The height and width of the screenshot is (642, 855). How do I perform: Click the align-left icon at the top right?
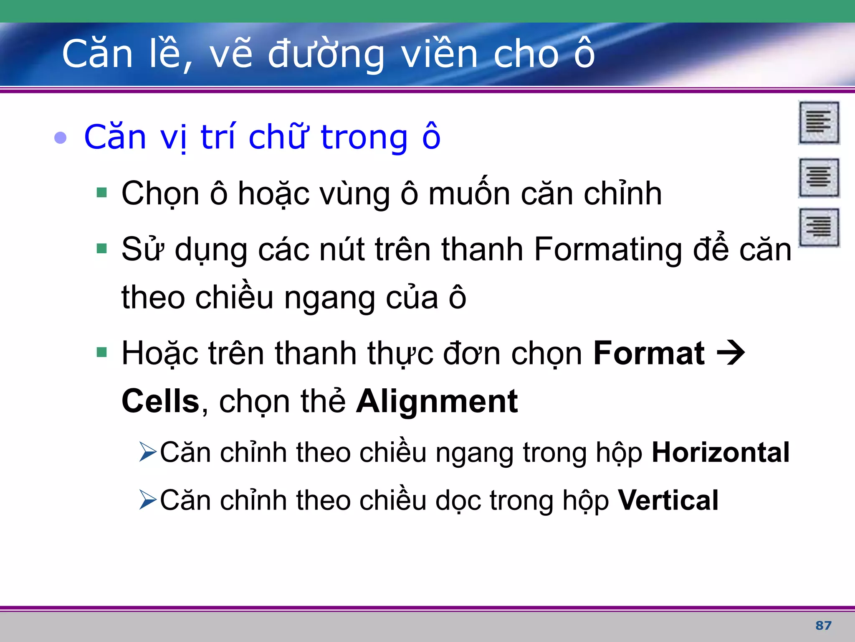tap(819, 122)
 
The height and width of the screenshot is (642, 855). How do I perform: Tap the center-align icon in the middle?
tap(819, 178)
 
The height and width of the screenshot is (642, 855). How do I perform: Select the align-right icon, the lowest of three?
tap(819, 227)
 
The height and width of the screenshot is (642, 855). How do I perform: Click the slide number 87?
tap(823, 625)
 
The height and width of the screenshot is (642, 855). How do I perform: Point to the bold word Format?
tap(649, 354)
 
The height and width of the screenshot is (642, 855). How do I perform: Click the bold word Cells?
tap(160, 401)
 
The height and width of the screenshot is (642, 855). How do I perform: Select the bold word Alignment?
tap(437, 401)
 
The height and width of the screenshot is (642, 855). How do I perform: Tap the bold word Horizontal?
tap(721, 452)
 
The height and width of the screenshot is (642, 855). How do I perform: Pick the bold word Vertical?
tap(668, 500)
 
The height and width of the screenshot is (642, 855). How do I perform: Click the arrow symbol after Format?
tap(731, 354)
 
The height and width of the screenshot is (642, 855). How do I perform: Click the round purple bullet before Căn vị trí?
tap(61, 138)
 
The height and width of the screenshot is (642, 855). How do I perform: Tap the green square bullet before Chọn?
tap(101, 193)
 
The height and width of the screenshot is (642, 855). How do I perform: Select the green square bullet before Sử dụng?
tap(101, 249)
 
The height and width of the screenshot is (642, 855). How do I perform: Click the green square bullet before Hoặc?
tap(101, 353)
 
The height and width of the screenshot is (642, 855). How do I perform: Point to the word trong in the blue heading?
tap(364, 138)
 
